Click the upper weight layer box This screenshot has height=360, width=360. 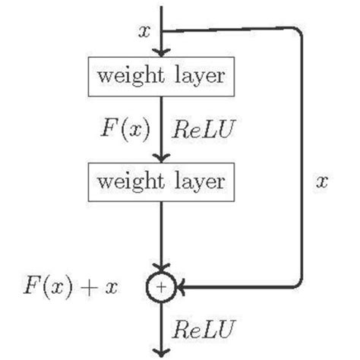(x=160, y=77)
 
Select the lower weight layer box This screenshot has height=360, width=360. (x=160, y=182)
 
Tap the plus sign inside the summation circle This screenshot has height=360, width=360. (x=161, y=286)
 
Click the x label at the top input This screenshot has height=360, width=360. (x=144, y=31)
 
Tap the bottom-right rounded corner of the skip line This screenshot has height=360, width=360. (x=300, y=283)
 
